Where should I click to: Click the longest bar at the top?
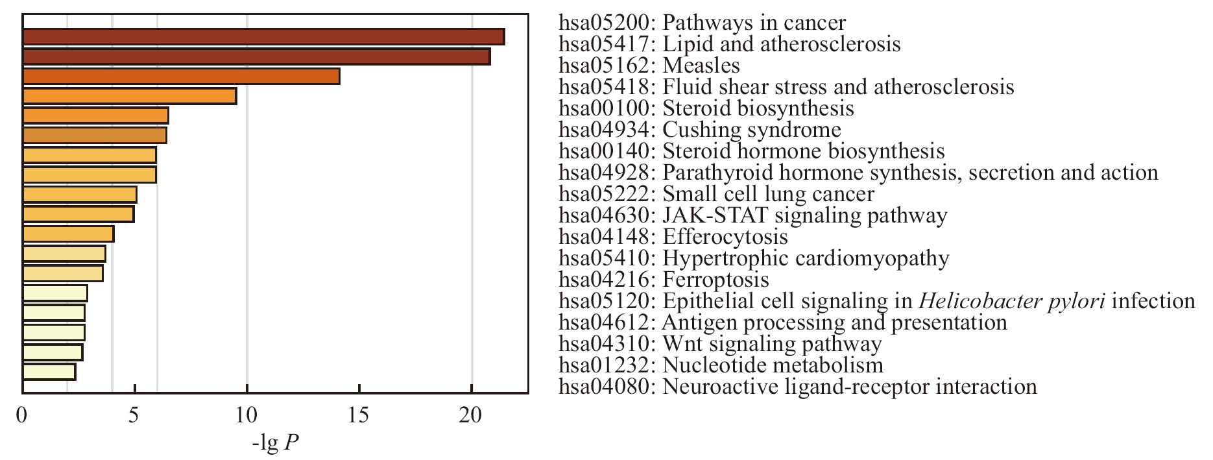[x=263, y=37]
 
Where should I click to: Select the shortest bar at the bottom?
[x=49, y=372]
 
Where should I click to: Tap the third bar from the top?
[x=181, y=77]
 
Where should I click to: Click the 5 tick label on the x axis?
[x=134, y=415]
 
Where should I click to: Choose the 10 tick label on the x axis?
[x=246, y=415]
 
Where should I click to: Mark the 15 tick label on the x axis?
[x=359, y=415]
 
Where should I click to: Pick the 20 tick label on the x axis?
[x=471, y=415]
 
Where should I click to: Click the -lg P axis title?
[x=276, y=443]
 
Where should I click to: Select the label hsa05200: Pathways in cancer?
[x=703, y=23]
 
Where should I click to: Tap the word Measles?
[x=701, y=66]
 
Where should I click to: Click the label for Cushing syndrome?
[x=752, y=130]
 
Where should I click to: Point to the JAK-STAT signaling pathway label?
[x=805, y=215]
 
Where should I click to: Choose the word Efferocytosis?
[x=725, y=237]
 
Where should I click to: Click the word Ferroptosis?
[x=716, y=280]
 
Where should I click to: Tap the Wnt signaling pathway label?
[x=773, y=344]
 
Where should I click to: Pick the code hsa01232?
[x=604, y=365]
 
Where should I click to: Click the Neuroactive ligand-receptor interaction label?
[x=850, y=387]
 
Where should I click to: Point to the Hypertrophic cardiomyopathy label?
[x=806, y=258]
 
